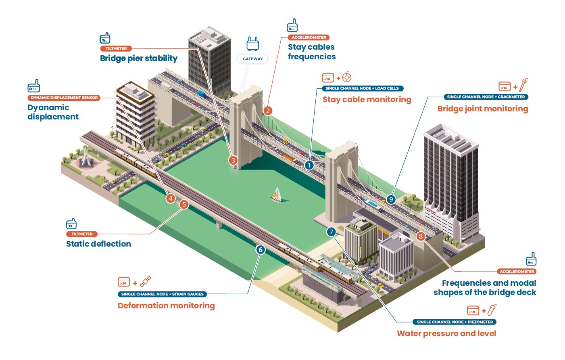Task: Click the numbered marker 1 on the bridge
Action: click(x=309, y=165)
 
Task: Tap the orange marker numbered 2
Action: click(x=268, y=111)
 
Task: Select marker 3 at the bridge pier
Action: click(x=233, y=160)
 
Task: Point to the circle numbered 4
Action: click(x=171, y=198)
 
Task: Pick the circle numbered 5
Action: click(x=184, y=204)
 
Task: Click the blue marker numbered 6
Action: click(x=261, y=250)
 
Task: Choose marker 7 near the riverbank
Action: click(x=331, y=232)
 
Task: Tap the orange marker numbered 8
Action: click(x=421, y=237)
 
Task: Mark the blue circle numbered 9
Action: click(x=391, y=199)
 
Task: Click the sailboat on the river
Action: click(x=277, y=195)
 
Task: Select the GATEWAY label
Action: click(x=253, y=59)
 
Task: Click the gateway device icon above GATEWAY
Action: click(x=253, y=44)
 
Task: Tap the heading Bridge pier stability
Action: click(x=139, y=58)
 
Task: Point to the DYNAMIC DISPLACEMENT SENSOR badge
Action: click(x=64, y=98)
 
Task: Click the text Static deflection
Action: click(x=98, y=244)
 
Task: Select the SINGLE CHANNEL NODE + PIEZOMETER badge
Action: click(x=455, y=322)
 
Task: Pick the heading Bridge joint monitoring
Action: click(x=483, y=109)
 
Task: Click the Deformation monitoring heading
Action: click(x=166, y=306)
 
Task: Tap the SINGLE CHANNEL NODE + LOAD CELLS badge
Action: click(x=362, y=88)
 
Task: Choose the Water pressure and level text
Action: click(x=446, y=333)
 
